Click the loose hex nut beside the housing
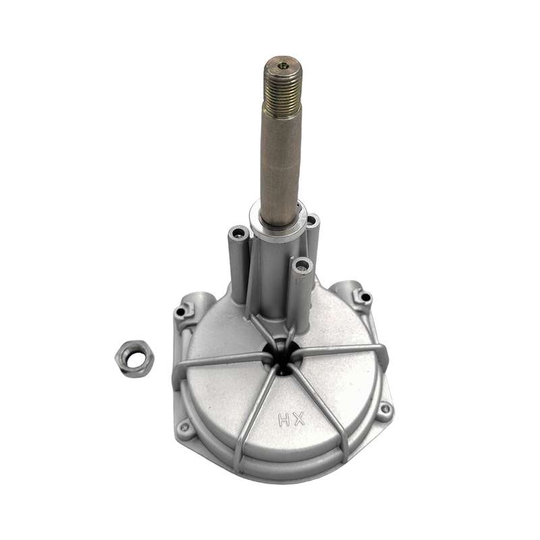[134, 359]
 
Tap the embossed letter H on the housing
[284, 420]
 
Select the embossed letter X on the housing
[298, 418]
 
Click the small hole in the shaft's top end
[283, 64]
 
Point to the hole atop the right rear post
[312, 221]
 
